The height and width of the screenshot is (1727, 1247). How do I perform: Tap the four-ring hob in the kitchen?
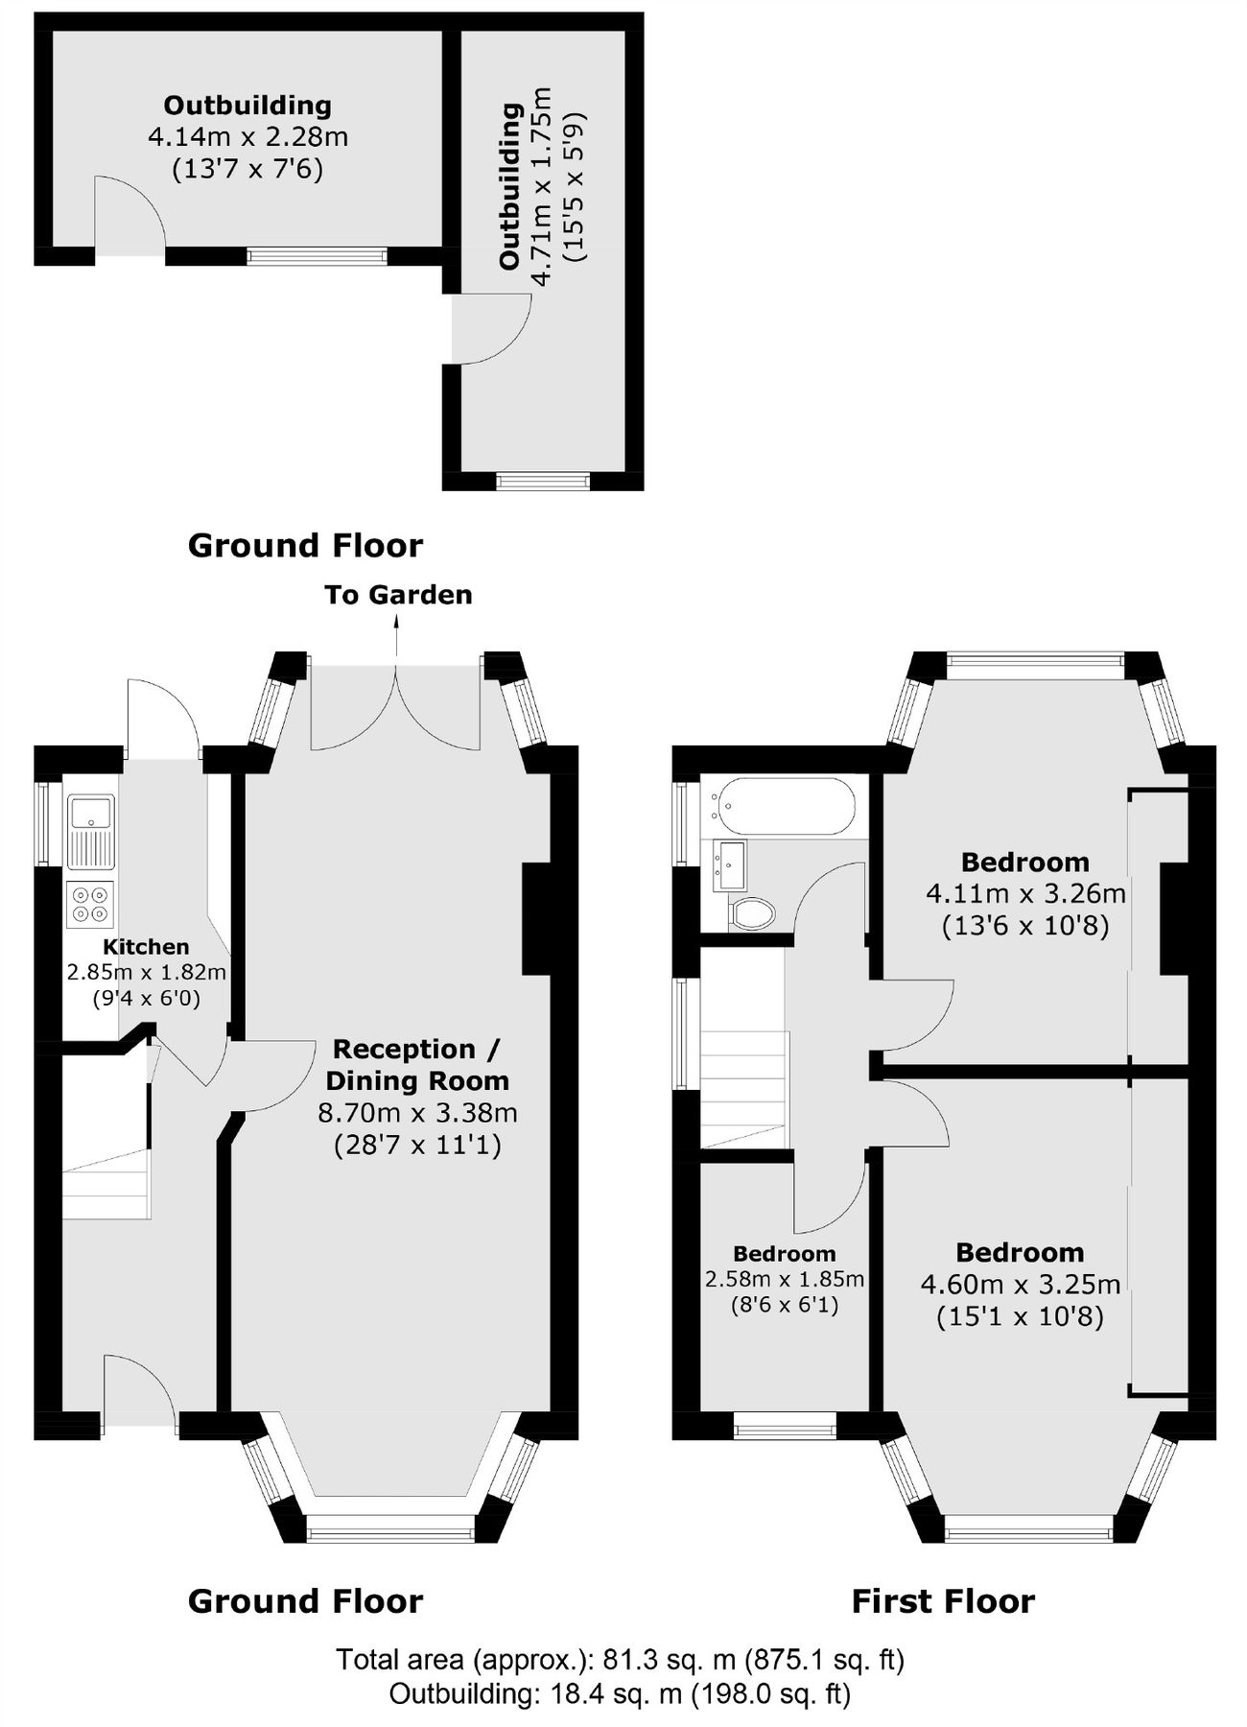click(90, 905)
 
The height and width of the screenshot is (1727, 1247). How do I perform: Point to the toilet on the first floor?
click(751, 913)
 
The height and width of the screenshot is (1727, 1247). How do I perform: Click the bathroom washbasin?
click(729, 864)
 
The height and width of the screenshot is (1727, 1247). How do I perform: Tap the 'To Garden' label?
click(398, 595)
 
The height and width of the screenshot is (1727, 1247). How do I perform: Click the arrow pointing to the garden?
click(396, 636)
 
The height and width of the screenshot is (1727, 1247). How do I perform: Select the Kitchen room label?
click(146, 947)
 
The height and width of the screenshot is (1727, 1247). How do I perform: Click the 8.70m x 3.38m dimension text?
click(417, 1113)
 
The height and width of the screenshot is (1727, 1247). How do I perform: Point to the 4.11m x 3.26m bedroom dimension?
click(1025, 894)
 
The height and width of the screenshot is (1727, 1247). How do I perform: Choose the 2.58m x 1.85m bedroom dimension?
click(785, 1279)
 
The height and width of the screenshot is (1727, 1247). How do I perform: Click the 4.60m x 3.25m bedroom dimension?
click(1021, 1284)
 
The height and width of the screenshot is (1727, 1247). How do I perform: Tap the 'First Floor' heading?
click(943, 1601)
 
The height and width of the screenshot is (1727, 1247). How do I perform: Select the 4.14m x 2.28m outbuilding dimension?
click(247, 137)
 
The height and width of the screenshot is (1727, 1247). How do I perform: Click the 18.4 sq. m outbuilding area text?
click(620, 1694)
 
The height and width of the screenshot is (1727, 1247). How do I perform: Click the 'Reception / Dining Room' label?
click(417, 1065)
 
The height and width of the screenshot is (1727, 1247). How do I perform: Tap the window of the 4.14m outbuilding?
click(317, 255)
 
